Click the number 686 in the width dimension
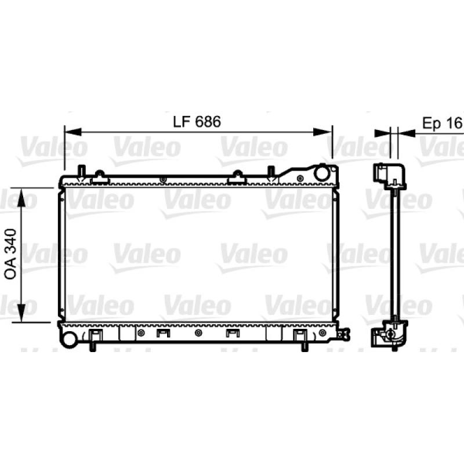click(208, 122)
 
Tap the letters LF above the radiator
click(181, 122)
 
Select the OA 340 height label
click(10, 254)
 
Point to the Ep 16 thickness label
click(442, 123)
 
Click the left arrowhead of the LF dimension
click(73, 132)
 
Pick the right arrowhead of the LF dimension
click(322, 132)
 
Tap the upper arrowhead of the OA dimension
click(21, 198)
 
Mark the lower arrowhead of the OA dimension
click(21, 312)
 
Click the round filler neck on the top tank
click(321, 173)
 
